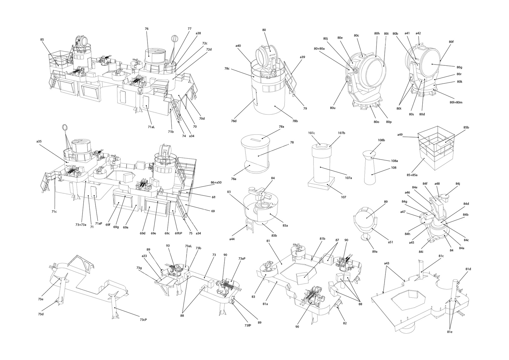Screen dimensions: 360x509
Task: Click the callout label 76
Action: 147,29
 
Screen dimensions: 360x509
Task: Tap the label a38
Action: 198,33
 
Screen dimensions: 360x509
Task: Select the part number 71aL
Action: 151,127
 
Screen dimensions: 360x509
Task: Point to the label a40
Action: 238,46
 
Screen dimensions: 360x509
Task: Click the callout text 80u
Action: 333,108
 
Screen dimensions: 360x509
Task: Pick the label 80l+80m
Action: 456,102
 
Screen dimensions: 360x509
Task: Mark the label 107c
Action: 311,133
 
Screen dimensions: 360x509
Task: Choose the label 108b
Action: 381,140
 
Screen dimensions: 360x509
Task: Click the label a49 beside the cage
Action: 400,135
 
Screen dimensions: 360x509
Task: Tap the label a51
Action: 391,242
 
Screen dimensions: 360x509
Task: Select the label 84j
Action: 458,184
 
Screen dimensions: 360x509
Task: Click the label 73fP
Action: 248,325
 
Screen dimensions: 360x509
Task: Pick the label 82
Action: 345,323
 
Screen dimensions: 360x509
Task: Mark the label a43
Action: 387,263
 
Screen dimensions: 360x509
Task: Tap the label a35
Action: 39,141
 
